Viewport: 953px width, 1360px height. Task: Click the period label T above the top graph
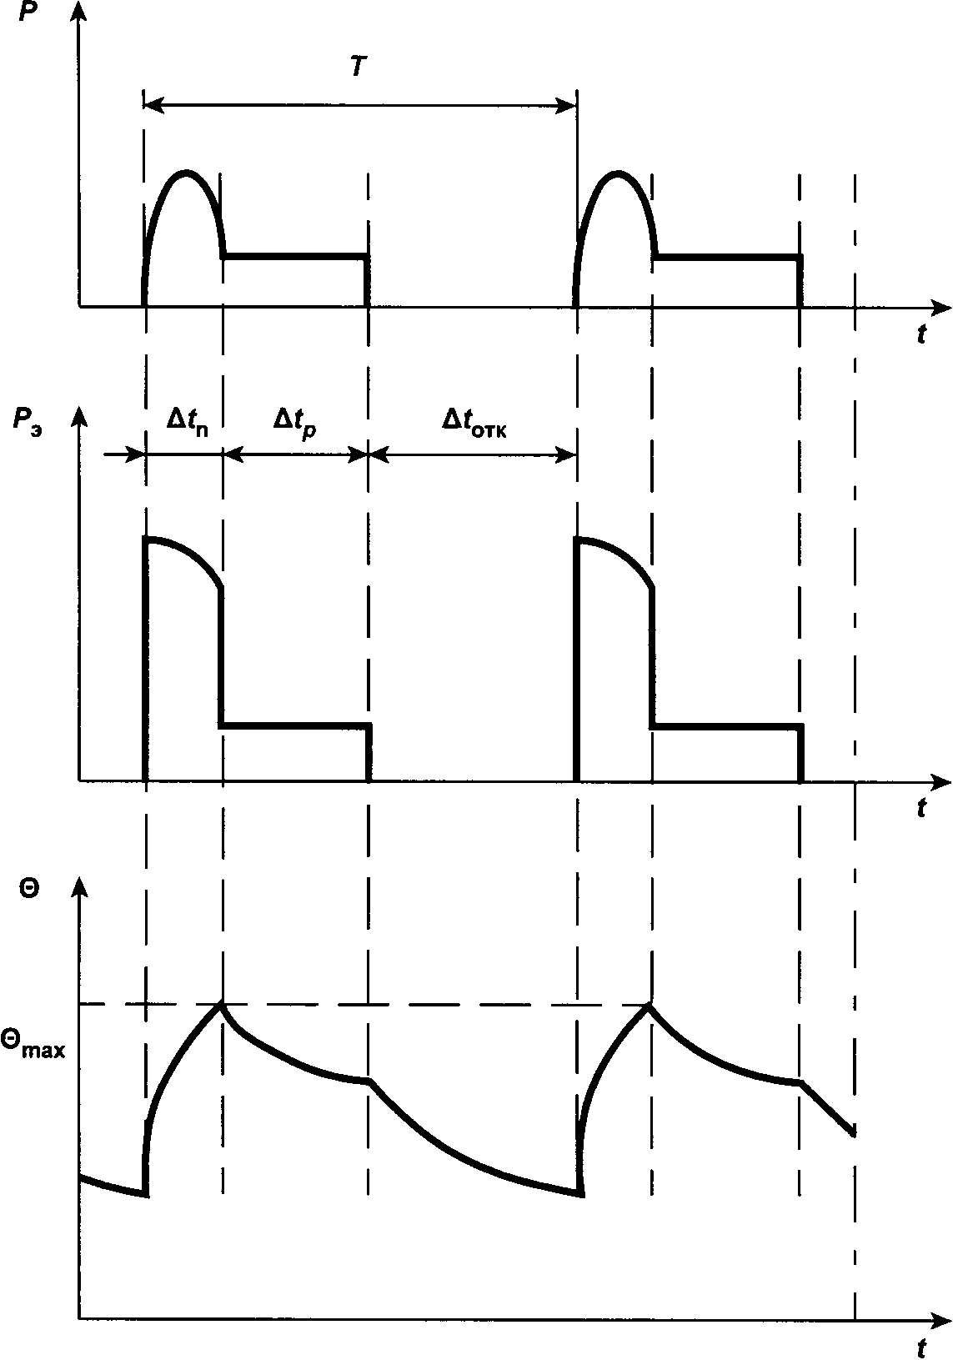coord(358,68)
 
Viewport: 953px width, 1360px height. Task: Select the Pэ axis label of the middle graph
coord(30,421)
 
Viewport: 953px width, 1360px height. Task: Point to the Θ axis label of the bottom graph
coord(28,890)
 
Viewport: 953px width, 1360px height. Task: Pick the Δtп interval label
coord(187,421)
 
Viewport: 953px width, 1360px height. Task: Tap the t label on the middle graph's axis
coord(921,807)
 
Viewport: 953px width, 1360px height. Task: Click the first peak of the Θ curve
coord(222,1003)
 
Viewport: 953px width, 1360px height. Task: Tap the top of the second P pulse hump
coord(618,172)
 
